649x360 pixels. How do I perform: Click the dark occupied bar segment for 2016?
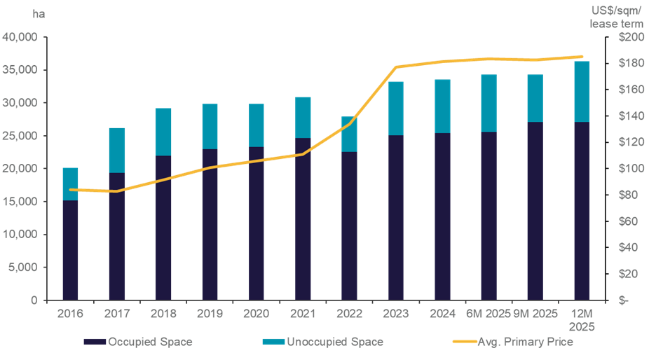click(70, 250)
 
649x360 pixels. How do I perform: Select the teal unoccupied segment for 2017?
click(116, 150)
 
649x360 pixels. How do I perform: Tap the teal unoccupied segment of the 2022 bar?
click(349, 134)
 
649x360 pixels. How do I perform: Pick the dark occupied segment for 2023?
click(395, 217)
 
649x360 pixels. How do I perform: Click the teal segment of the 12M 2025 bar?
click(582, 91)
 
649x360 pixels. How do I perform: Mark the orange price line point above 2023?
click(396, 67)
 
